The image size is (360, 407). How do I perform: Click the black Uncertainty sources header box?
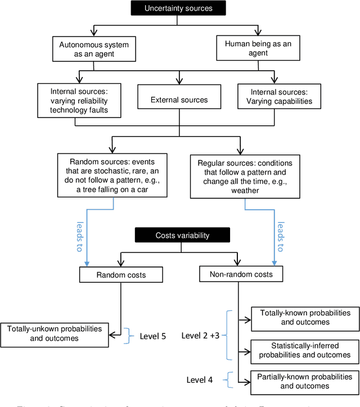(178, 8)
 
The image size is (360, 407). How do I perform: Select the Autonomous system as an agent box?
(93, 49)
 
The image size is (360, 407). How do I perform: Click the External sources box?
(178, 100)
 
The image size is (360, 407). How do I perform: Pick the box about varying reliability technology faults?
(80, 100)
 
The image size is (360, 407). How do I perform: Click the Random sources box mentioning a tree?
(114, 175)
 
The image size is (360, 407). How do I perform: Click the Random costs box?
(121, 274)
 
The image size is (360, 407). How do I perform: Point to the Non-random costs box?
(241, 274)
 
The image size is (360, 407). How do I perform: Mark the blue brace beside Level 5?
(128, 334)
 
